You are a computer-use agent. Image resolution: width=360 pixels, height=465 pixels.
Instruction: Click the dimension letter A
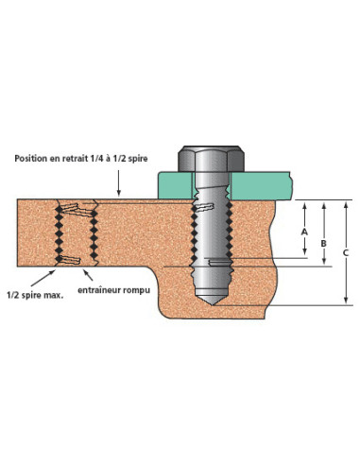click(304, 229)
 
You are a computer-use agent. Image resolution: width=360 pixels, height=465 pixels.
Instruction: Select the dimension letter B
click(325, 242)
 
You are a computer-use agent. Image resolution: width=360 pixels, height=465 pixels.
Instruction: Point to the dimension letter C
click(346, 252)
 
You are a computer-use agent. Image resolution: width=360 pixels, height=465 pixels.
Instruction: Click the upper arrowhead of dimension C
click(346, 203)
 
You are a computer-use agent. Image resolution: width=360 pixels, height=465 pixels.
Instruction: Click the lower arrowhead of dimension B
click(325, 264)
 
